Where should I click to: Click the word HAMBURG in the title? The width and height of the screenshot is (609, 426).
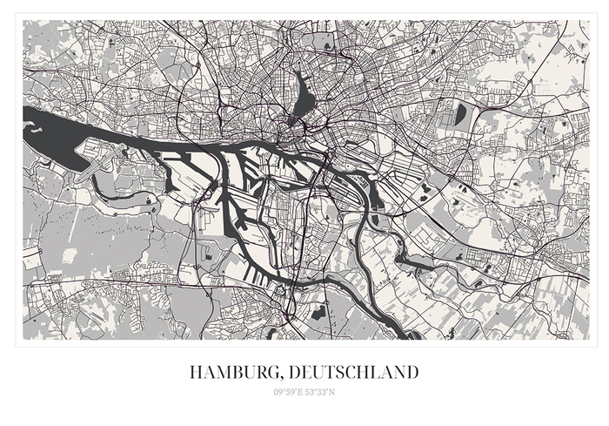[230, 373]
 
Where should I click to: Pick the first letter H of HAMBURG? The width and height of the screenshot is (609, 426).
[196, 373]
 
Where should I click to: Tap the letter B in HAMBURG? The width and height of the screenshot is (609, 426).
[235, 373]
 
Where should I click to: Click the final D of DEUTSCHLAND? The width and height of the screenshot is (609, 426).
[412, 373]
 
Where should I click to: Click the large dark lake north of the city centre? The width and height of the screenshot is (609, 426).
[304, 94]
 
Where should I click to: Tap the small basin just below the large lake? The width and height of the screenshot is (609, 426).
[292, 123]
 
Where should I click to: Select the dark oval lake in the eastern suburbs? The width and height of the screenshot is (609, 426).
[460, 113]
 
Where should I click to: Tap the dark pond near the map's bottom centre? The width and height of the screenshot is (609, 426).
[318, 309]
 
